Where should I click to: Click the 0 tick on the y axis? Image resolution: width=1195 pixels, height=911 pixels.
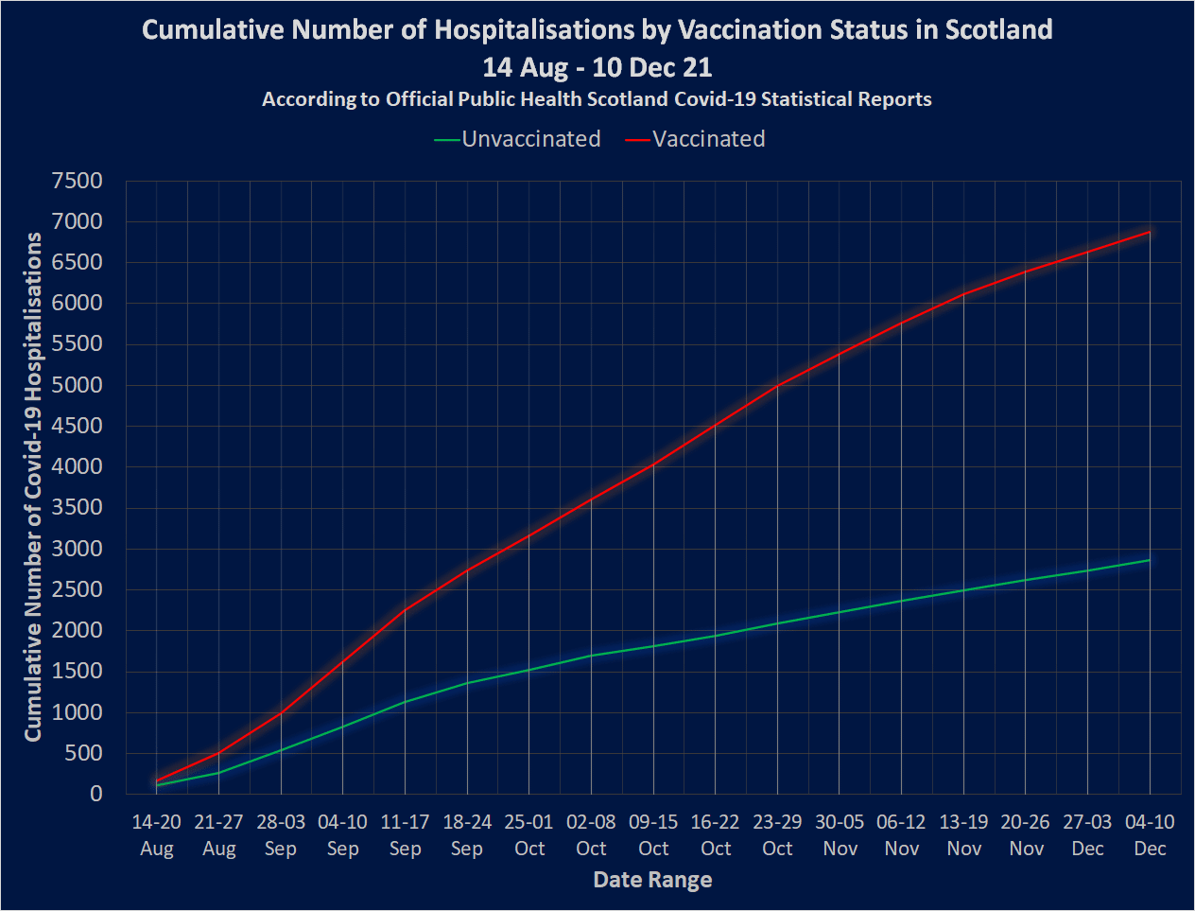point(95,794)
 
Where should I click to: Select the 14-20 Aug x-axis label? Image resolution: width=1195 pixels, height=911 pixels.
point(157,835)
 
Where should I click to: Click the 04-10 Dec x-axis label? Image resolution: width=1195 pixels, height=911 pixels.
point(1150,835)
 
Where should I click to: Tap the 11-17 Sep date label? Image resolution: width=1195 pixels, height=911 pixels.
point(405,835)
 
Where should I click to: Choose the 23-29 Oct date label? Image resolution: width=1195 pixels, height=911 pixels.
point(777,835)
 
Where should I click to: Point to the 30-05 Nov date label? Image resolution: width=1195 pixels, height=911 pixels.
point(840,835)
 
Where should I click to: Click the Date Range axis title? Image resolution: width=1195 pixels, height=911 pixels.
point(652,880)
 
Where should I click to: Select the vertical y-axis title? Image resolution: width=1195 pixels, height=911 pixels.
point(34,487)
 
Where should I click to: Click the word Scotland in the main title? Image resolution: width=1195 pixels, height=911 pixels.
point(998,29)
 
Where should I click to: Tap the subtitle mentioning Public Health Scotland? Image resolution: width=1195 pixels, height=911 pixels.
point(597,99)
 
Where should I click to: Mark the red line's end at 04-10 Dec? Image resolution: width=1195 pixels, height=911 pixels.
point(1150,232)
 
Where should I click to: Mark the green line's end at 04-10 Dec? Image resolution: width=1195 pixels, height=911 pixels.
point(1150,560)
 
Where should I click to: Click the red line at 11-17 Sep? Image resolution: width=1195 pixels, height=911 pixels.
point(405,610)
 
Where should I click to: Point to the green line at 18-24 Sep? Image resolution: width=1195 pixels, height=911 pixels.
point(467,683)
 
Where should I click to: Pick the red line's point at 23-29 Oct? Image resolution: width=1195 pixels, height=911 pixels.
point(777,386)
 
